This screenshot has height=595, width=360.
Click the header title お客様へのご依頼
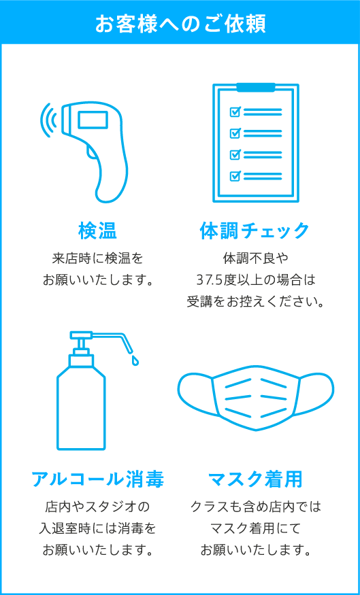tap(180, 22)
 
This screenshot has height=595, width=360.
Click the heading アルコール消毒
tap(97, 479)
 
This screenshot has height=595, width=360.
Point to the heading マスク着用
tap(255, 479)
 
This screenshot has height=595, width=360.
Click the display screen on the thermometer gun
tap(93, 120)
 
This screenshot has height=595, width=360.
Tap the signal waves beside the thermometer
tap(48, 120)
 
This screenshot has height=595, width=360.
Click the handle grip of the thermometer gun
tap(112, 173)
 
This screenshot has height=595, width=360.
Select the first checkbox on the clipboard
tap(235, 112)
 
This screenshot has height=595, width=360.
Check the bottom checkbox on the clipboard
tap(235, 176)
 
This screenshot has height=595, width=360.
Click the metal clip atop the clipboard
tap(255, 87)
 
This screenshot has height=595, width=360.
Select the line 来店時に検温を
tap(97, 258)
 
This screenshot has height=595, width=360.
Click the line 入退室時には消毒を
tap(97, 528)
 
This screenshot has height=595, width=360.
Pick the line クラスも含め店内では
tap(255, 507)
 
